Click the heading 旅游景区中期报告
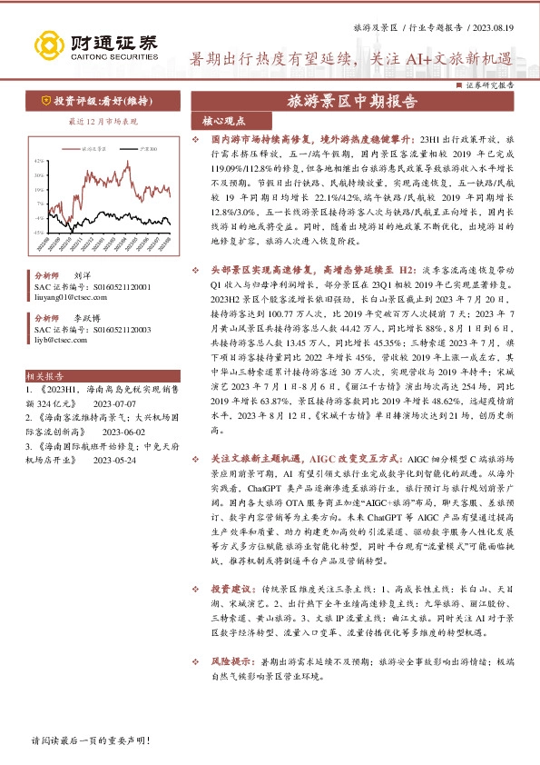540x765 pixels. (352, 102)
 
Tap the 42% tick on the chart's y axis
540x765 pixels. (37, 162)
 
